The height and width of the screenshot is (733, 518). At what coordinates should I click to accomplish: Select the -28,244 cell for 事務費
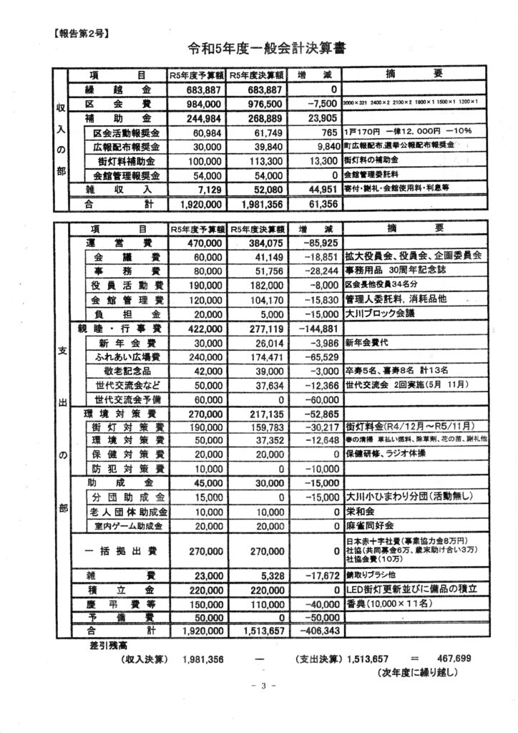[x=316, y=271]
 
